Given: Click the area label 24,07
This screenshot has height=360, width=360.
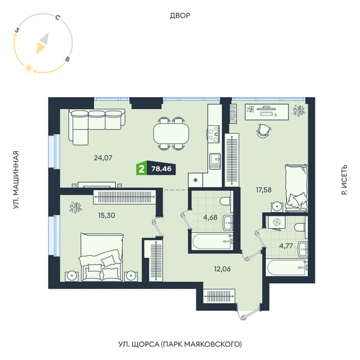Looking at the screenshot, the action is pyautogui.click(x=103, y=158).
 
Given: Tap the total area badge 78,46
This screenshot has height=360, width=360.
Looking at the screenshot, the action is pyautogui.click(x=161, y=169).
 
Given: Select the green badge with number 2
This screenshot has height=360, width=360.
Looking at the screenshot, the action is pyautogui.click(x=142, y=169).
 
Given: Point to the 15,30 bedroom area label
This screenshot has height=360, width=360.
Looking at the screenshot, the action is pyautogui.click(x=107, y=215).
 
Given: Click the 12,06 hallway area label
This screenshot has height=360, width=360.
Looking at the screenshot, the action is pyautogui.click(x=222, y=269).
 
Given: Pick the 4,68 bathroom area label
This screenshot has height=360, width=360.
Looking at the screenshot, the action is pyautogui.click(x=210, y=217).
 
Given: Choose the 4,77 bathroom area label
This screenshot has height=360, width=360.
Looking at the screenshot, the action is pyautogui.click(x=286, y=246).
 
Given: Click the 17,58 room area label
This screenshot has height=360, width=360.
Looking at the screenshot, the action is pyautogui.click(x=264, y=190).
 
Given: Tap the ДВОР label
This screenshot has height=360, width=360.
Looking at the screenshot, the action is pyautogui.click(x=180, y=16).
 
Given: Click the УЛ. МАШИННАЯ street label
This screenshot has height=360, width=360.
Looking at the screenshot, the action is pyautogui.click(x=16, y=180).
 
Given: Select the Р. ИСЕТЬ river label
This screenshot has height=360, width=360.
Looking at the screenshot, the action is pyautogui.click(x=344, y=180).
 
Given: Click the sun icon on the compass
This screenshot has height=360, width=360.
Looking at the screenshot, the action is pyautogui.click(x=28, y=68).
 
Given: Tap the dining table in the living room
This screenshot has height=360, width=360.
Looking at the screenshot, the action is pyautogui.click(x=171, y=134).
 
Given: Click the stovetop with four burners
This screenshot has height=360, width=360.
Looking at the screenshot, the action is pyautogui.click(x=213, y=134).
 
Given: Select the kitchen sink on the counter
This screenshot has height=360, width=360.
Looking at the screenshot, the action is pyautogui.click(x=215, y=161).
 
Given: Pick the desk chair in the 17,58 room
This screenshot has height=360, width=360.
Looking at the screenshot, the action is pyautogui.click(x=263, y=131).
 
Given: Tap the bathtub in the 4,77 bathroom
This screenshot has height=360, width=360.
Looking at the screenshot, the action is pyautogui.click(x=287, y=267).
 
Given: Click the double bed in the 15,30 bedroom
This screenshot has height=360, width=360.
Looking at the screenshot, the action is pyautogui.click(x=101, y=257).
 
